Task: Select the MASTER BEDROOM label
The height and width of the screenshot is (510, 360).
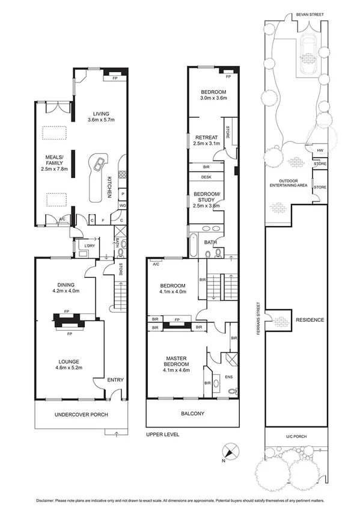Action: (177, 361)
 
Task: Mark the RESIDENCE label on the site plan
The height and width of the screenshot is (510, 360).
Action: (310, 320)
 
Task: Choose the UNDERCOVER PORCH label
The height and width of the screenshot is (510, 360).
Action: (77, 415)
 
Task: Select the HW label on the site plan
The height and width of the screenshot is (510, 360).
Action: (319, 151)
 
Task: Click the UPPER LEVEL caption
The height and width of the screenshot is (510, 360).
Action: (162, 434)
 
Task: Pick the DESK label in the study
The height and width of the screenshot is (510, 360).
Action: (206, 177)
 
